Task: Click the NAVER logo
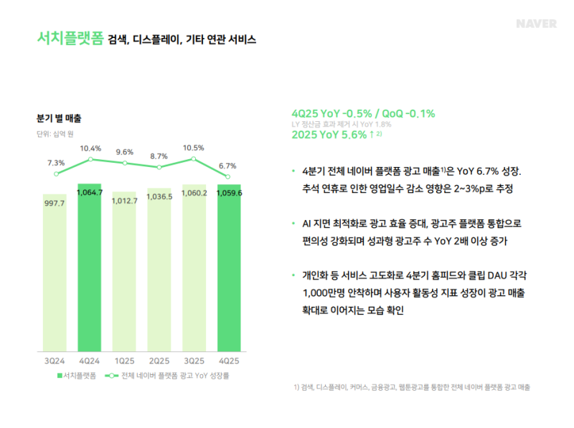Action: [536, 24]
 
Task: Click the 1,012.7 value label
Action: [125, 201]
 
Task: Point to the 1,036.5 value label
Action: [159, 196]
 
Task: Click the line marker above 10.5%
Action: [194, 159]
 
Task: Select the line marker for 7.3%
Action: [56, 173]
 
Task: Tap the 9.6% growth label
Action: [124, 152]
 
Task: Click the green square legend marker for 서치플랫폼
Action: [60, 375]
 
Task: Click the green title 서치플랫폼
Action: [70, 39]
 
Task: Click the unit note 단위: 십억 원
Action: [55, 133]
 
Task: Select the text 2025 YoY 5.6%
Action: [329, 135]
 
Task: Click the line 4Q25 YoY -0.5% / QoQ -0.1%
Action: [363, 113]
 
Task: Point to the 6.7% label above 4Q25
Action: [228, 166]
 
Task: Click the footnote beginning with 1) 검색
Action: [412, 387]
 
